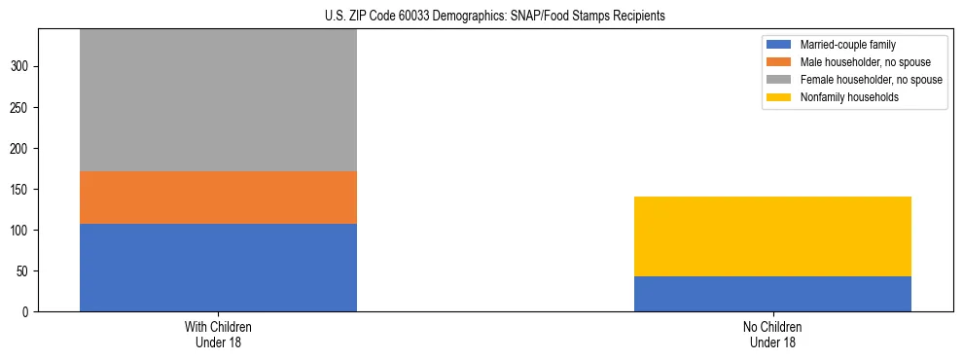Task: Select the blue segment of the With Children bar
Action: [x=218, y=268]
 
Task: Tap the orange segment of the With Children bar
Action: [x=218, y=198]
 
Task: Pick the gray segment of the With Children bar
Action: [x=218, y=100]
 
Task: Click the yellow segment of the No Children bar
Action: [x=772, y=236]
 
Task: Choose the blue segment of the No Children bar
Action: [x=772, y=294]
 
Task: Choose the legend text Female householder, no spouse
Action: [x=871, y=80]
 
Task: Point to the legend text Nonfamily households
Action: [x=843, y=97]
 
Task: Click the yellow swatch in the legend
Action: [x=779, y=97]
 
